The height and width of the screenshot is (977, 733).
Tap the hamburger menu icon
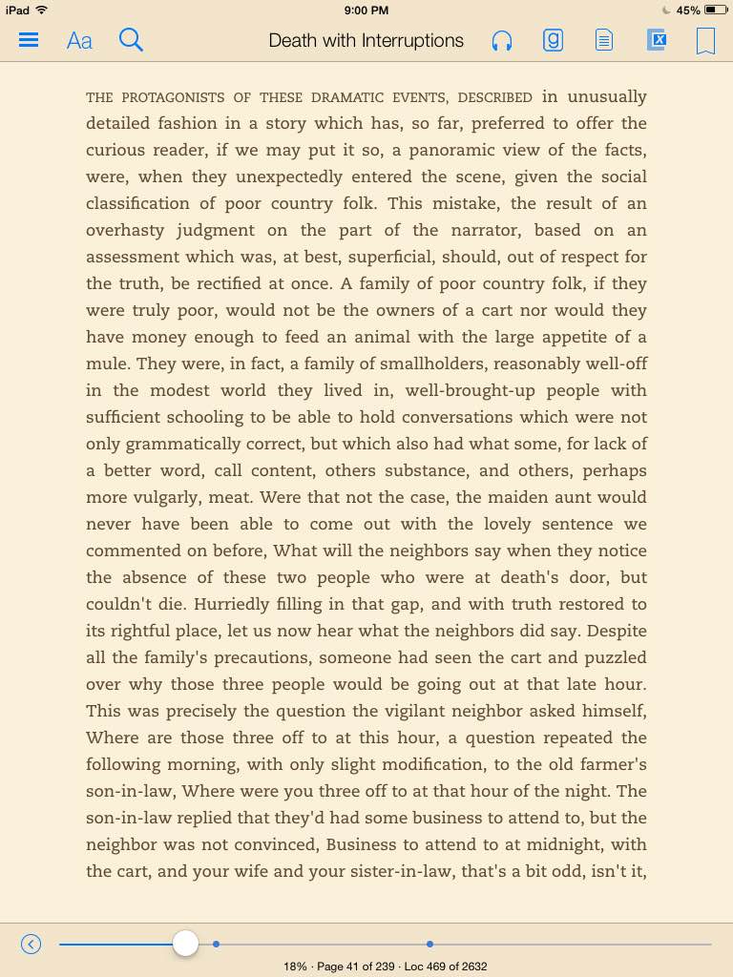(x=29, y=40)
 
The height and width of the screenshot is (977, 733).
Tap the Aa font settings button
(x=79, y=41)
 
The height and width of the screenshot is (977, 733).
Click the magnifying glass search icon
(x=131, y=40)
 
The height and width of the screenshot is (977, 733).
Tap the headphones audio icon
(x=502, y=41)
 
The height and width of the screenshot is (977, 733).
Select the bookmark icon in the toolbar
(x=705, y=41)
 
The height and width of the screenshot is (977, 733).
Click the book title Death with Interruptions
(x=366, y=40)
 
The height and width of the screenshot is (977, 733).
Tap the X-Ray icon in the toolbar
(x=656, y=40)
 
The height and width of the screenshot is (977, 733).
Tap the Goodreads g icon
(x=553, y=40)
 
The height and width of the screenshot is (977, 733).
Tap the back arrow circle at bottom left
(x=31, y=944)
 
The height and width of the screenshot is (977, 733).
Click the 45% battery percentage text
(x=688, y=10)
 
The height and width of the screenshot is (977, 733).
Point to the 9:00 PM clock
(x=366, y=10)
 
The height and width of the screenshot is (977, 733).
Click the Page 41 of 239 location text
(x=355, y=967)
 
